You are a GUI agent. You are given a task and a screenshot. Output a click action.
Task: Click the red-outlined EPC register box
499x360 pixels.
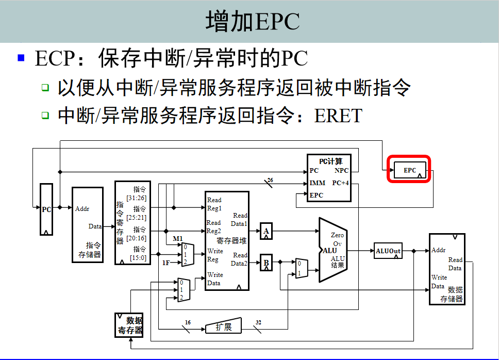coord(409,170)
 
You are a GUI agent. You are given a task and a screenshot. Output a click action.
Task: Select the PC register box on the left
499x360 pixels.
coord(46,209)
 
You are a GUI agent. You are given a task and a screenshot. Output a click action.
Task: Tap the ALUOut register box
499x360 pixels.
coord(388,251)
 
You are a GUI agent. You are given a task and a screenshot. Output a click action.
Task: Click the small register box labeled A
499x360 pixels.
coord(266,232)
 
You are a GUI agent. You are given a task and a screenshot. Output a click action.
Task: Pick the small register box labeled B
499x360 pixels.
coord(266,262)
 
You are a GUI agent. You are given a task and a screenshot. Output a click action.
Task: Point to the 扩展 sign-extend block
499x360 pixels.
coord(223,326)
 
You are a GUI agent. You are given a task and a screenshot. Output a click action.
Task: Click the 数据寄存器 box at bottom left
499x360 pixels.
coord(130,325)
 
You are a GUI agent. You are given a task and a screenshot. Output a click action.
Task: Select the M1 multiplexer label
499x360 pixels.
coord(178,238)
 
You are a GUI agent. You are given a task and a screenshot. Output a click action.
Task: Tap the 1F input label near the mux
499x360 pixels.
coord(166,263)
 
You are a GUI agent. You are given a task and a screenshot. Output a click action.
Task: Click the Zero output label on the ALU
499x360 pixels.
coord(337,235)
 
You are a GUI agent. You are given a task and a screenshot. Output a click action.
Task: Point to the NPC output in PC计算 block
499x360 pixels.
coord(341,171)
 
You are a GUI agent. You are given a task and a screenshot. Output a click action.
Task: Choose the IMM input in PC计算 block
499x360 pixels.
coord(317,183)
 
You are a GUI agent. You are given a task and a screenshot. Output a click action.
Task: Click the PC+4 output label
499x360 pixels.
coord(341,183)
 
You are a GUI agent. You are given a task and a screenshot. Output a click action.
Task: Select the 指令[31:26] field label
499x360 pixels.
coord(140,193)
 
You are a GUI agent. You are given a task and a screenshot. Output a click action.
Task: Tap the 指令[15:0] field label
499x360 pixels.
coord(140,253)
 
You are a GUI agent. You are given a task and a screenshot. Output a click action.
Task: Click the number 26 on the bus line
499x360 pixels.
coord(271,180)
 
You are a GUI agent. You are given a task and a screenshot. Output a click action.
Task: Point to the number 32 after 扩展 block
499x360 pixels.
coord(258,323)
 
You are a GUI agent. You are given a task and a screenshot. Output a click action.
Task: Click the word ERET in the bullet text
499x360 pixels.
coord(338,115)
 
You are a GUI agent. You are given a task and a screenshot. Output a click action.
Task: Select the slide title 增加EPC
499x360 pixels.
coord(253,22)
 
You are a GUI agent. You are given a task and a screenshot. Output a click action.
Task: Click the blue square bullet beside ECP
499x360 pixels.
coord(21,58)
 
